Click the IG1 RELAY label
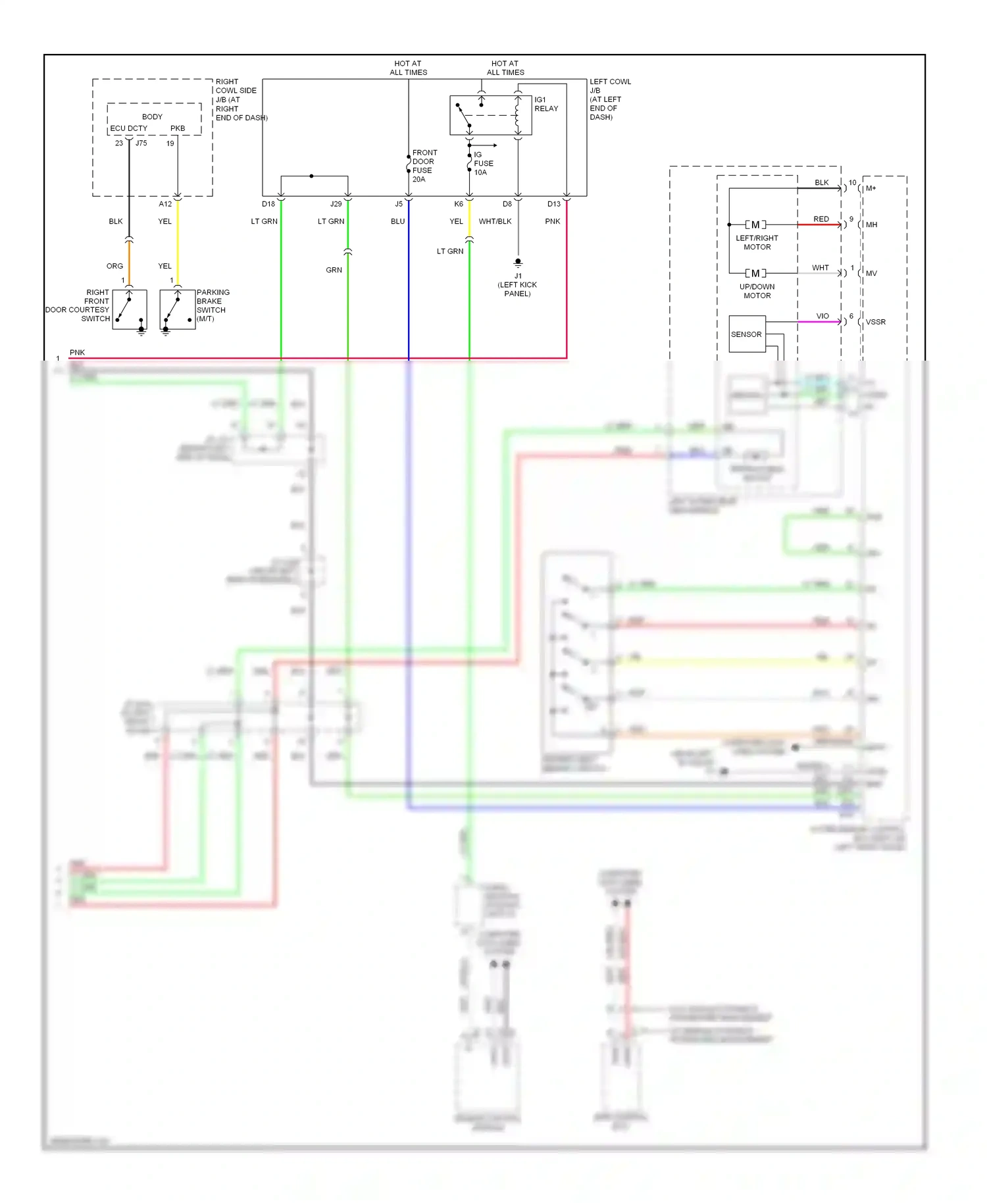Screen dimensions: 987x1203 546,104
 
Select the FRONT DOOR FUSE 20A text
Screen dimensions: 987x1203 424,166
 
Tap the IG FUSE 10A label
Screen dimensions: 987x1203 483,163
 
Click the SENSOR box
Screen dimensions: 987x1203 747,334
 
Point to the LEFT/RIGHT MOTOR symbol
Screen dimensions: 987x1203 755,225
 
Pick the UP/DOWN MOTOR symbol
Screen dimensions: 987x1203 755,273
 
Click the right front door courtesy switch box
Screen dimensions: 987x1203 130,310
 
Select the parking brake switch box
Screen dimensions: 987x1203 178,310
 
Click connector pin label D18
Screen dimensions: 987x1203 268,204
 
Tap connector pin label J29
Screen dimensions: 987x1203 336,204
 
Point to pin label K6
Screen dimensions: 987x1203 459,204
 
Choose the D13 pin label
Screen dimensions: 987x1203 554,204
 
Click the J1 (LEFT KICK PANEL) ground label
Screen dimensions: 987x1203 518,285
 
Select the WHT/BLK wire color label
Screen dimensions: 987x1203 495,221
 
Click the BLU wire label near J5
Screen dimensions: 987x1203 397,221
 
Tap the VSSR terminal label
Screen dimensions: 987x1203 875,322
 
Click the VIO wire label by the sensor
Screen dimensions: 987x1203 822,316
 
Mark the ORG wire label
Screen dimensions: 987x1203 114,266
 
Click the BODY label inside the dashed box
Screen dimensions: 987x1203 152,116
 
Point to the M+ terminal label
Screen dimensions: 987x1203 871,188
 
